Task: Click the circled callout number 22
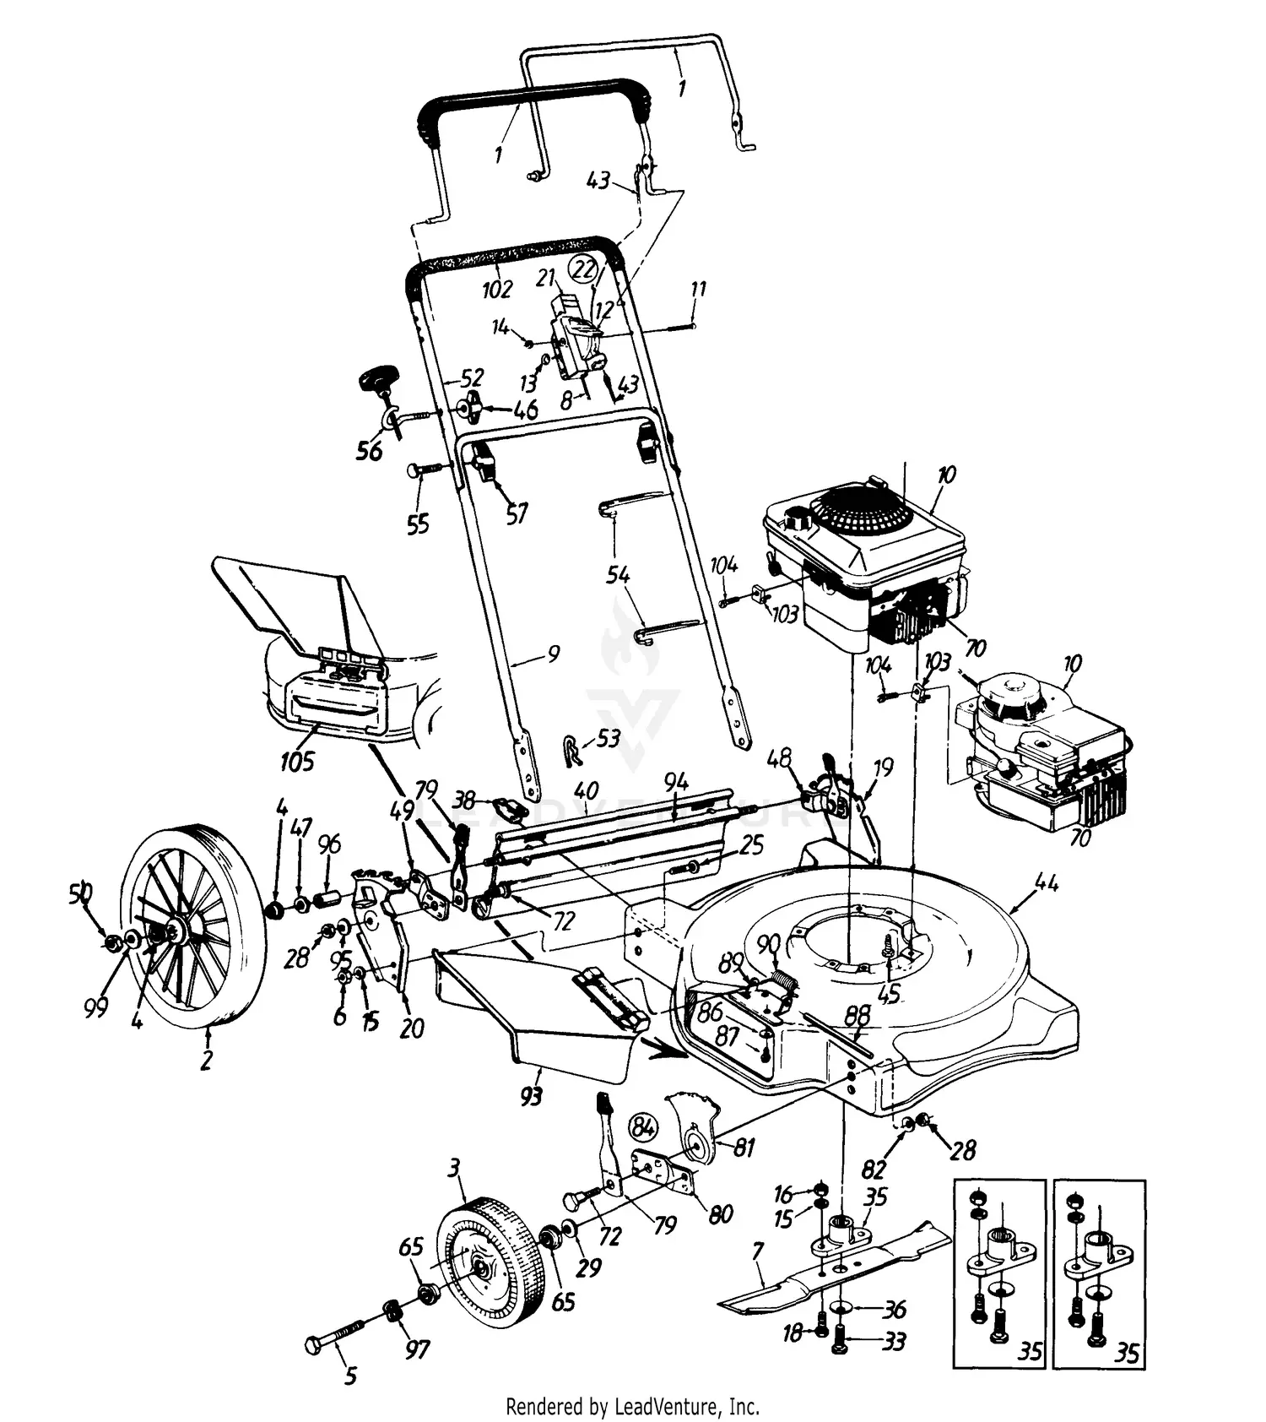tap(583, 269)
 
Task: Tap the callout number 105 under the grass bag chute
tap(296, 761)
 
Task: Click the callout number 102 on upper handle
tap(497, 289)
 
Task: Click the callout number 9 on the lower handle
tap(553, 653)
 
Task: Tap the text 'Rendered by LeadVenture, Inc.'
tap(632, 1406)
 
